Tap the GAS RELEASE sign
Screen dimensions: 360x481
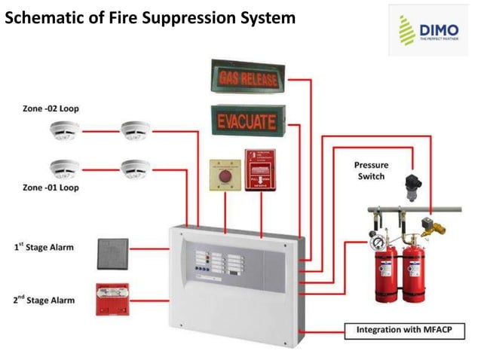(250, 77)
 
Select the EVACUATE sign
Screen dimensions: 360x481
(248, 121)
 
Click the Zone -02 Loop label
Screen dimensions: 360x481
(51, 108)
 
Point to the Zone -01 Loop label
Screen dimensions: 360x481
(51, 187)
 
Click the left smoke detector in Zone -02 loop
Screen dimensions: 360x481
(65, 131)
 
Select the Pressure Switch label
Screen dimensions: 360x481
(369, 170)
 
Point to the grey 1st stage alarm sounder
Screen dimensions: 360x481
(112, 254)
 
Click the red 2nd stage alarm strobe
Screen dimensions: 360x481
(112, 300)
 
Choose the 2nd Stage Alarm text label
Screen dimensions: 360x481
(44, 300)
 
